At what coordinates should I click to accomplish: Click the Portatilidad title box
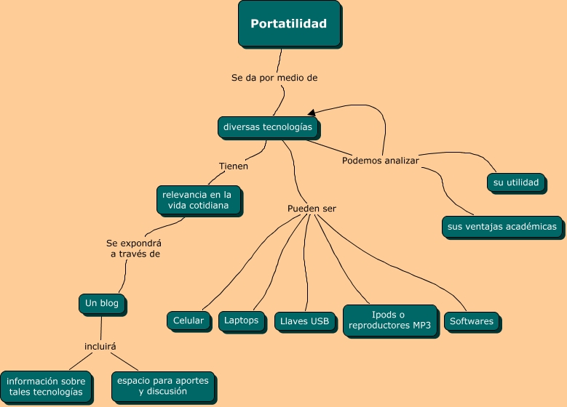click(x=289, y=24)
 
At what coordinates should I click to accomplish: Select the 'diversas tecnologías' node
click(x=269, y=127)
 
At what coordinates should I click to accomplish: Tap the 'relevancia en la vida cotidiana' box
click(x=199, y=201)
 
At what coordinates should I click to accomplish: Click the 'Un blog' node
click(x=103, y=304)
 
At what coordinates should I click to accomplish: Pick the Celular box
click(x=189, y=321)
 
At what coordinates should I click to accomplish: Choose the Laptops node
click(x=242, y=321)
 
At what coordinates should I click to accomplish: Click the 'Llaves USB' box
click(x=305, y=322)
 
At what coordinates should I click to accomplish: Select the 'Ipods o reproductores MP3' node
click(x=391, y=321)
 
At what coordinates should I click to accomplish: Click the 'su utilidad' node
click(x=516, y=183)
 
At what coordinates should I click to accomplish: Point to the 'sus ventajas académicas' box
click(x=503, y=227)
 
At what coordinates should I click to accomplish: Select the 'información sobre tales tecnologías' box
click(x=47, y=387)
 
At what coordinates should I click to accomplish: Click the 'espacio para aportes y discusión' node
click(x=164, y=387)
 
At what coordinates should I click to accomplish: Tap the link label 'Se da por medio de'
click(x=274, y=78)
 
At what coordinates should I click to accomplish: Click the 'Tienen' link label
click(x=234, y=166)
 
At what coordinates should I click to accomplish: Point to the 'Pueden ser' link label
click(x=312, y=209)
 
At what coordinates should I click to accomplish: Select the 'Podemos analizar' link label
click(x=381, y=161)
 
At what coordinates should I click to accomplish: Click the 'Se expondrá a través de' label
click(x=134, y=249)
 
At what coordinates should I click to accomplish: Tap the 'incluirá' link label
click(x=100, y=347)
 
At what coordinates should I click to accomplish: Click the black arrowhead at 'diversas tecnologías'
click(x=312, y=113)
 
